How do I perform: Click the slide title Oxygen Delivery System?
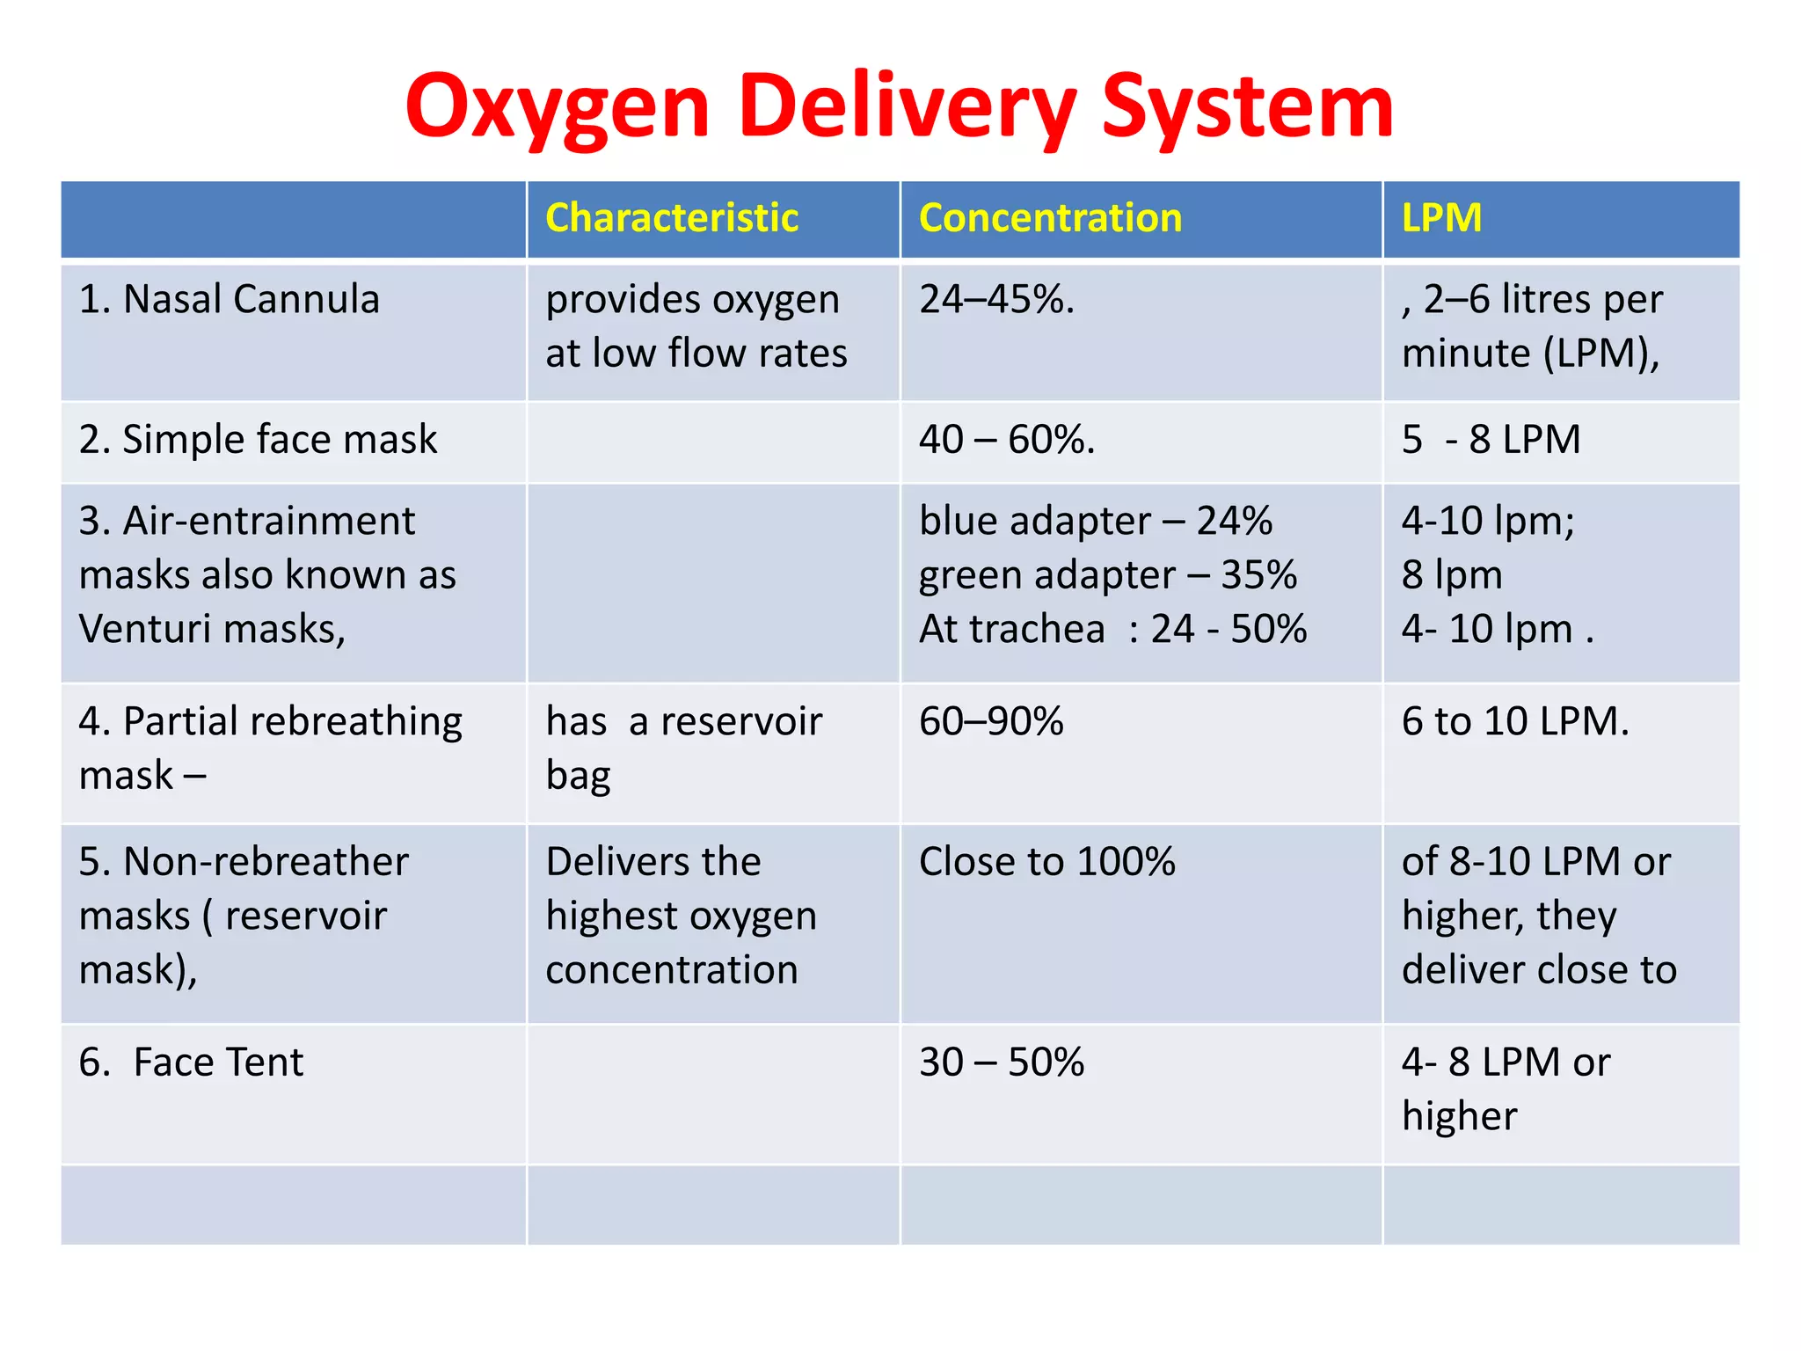[x=899, y=106]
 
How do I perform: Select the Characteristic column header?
[x=672, y=218]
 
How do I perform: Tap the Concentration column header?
[x=1050, y=218]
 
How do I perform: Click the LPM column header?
[x=1441, y=218]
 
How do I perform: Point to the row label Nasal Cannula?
[x=230, y=299]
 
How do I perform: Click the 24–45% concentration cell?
[x=996, y=299]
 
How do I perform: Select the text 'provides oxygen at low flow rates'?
[x=696, y=326]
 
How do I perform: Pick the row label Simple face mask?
[x=258, y=439]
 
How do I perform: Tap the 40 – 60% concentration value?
[x=1007, y=439]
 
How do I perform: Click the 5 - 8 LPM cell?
[x=1491, y=439]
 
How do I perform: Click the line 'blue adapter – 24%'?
[x=1096, y=521]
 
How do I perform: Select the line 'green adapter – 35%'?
[x=1108, y=575]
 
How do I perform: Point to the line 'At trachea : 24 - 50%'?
[x=1112, y=629]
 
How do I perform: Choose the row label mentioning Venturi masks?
[x=267, y=575]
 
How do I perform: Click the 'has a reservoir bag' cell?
[x=683, y=749]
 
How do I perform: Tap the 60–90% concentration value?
[x=991, y=721]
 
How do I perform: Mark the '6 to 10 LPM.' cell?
[x=1515, y=721]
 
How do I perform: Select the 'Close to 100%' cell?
[x=1046, y=861]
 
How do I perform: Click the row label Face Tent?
[x=191, y=1062]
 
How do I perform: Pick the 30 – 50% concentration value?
[x=1002, y=1062]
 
